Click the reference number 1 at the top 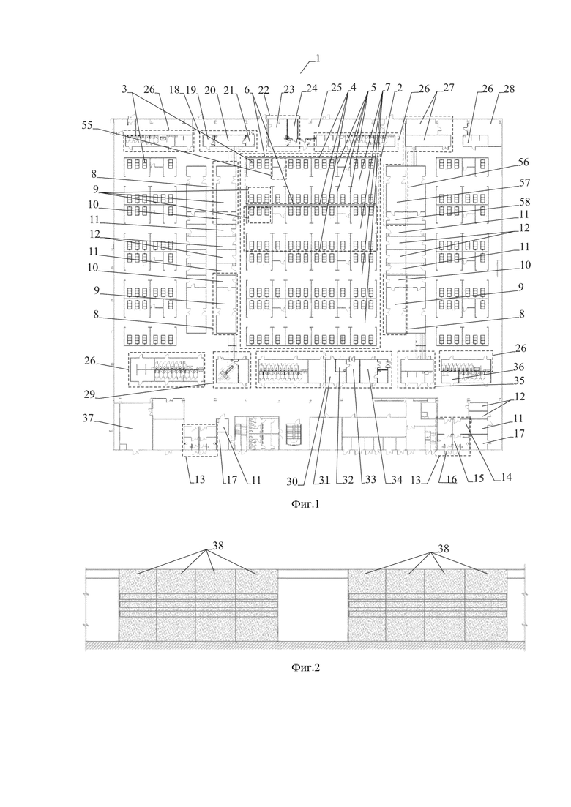click(318, 58)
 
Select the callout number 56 click(523, 162)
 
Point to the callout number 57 click(525, 183)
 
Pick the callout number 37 click(88, 418)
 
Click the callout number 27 click(449, 88)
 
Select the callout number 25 click(336, 88)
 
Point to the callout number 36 click(518, 367)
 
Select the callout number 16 click(451, 480)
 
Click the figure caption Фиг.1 click(306, 504)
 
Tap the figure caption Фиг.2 click(306, 667)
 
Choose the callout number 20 click(210, 89)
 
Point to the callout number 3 click(124, 89)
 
